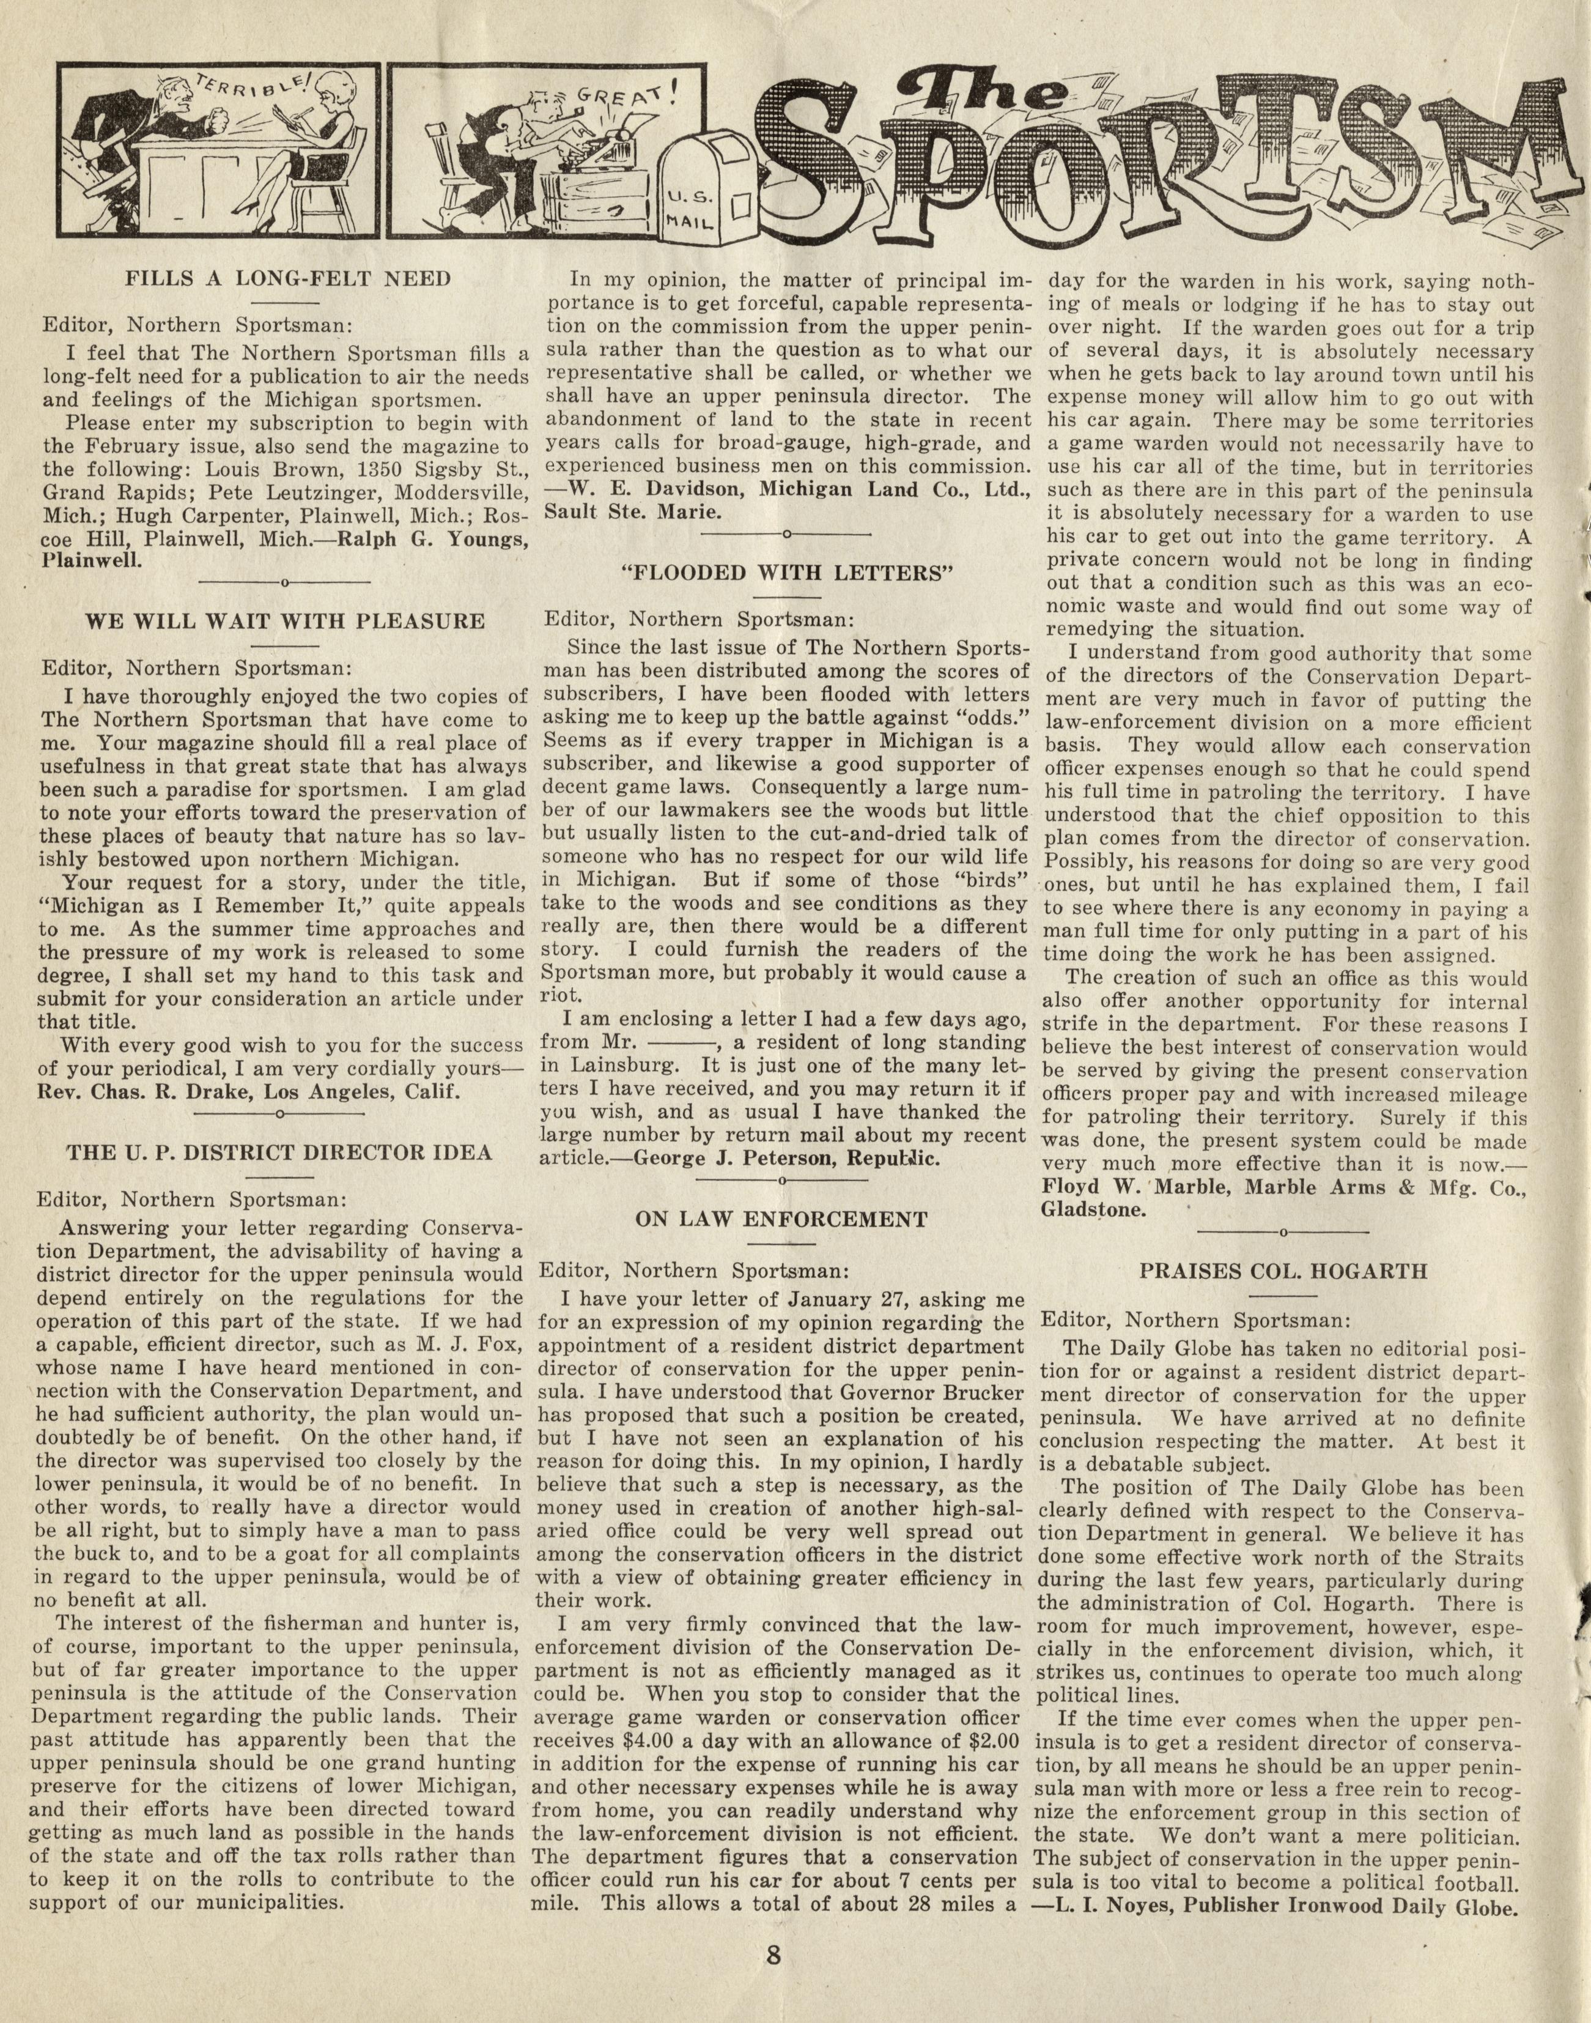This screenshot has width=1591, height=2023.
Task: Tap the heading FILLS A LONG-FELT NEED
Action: pyautogui.click(x=288, y=278)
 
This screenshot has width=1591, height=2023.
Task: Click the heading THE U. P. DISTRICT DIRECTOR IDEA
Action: pyautogui.click(x=279, y=1152)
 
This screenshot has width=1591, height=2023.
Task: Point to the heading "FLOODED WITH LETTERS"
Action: pyautogui.click(x=787, y=573)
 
